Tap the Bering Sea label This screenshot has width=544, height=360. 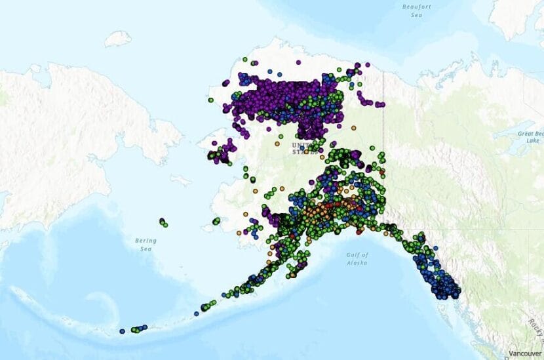(147, 245)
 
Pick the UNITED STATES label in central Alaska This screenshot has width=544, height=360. (303, 148)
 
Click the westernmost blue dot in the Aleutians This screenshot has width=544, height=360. (121, 331)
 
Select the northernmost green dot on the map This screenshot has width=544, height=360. (244, 59)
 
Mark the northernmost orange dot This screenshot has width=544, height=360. (353, 127)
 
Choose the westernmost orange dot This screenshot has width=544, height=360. (246, 214)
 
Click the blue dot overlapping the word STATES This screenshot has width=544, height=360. (313, 151)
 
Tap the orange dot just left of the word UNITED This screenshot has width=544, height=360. (277, 142)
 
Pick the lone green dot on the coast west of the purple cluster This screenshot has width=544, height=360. (211, 100)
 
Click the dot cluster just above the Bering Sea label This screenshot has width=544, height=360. (163, 222)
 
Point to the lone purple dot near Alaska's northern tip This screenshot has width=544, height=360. (299, 62)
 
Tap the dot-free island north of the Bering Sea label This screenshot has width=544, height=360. (180, 179)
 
